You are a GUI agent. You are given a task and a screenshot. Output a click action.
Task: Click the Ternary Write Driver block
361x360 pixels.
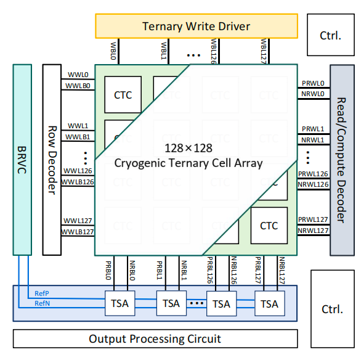(x=197, y=26)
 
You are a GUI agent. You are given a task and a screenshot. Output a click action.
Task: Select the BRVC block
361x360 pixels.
(x=22, y=160)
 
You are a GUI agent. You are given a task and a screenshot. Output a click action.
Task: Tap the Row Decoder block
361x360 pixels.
(x=52, y=160)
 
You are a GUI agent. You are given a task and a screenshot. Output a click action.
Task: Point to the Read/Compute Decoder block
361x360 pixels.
(x=342, y=160)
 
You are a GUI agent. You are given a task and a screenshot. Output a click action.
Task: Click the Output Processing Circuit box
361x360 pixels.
(x=155, y=338)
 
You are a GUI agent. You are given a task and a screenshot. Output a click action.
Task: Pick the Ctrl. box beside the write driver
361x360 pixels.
(x=331, y=35)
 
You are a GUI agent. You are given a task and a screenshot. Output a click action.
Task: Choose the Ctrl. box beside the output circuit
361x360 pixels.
(x=333, y=309)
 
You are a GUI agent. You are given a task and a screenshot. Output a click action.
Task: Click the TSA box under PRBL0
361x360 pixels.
(x=120, y=303)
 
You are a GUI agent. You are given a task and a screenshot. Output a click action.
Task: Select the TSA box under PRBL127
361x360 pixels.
(x=270, y=303)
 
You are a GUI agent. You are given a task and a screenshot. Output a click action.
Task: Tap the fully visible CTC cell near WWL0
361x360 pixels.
(x=123, y=95)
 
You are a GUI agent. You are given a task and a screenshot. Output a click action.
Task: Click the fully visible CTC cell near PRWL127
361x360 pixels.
(x=269, y=226)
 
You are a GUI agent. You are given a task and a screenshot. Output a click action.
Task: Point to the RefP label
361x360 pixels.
(x=42, y=293)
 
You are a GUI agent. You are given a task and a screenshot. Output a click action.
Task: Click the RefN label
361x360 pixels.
(x=42, y=303)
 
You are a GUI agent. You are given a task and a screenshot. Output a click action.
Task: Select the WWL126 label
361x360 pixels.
(x=78, y=171)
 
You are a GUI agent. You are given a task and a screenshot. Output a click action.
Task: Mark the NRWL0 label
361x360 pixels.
(x=313, y=94)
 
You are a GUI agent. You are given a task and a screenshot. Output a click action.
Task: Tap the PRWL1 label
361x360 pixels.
(x=313, y=129)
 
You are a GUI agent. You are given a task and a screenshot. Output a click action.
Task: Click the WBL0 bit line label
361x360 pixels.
(x=113, y=51)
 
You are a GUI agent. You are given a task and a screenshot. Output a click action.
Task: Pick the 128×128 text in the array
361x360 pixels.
(x=189, y=148)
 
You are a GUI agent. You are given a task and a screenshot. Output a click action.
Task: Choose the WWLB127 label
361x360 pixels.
(x=78, y=232)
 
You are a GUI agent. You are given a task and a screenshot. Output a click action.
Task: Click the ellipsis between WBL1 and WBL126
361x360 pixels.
(x=193, y=55)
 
